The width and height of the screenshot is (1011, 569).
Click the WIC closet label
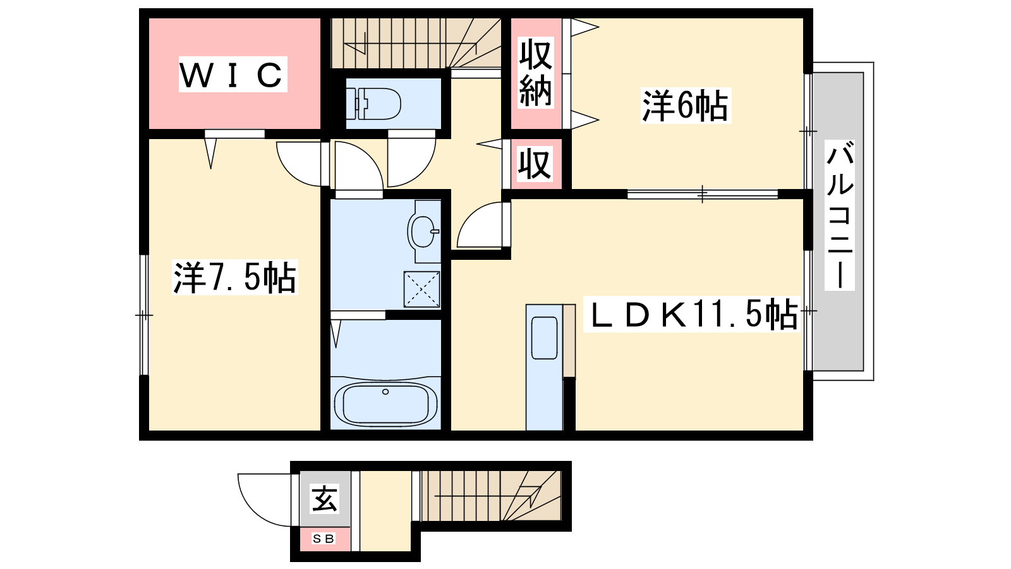point(233,75)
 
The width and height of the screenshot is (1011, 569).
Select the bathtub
point(385,404)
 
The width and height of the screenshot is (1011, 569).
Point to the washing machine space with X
point(421,289)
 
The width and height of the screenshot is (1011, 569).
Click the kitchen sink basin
point(544,338)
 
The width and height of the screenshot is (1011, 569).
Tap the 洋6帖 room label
point(685,106)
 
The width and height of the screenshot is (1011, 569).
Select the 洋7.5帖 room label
point(234,278)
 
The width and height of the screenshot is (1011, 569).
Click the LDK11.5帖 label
point(691,314)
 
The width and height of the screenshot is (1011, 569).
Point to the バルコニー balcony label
point(840,214)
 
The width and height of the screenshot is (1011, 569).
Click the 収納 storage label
point(536,73)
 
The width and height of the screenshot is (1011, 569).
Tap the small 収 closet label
point(535,164)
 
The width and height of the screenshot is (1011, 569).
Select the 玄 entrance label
point(325,499)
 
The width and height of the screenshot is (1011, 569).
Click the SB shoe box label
point(324,539)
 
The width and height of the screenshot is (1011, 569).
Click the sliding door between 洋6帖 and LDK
point(702,195)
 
